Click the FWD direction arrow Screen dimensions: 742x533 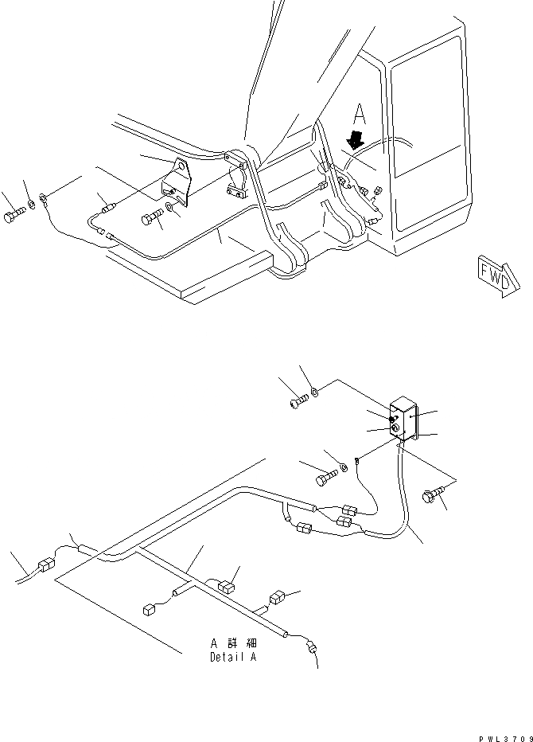tap(497, 275)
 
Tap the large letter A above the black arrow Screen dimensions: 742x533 tap(360, 111)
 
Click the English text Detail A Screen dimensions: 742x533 tap(233, 658)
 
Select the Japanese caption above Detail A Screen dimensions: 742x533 tap(233, 642)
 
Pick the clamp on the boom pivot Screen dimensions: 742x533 tap(238, 183)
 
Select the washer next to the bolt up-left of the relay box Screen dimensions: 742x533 tap(315, 392)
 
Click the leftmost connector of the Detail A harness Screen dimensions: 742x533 tap(45, 567)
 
